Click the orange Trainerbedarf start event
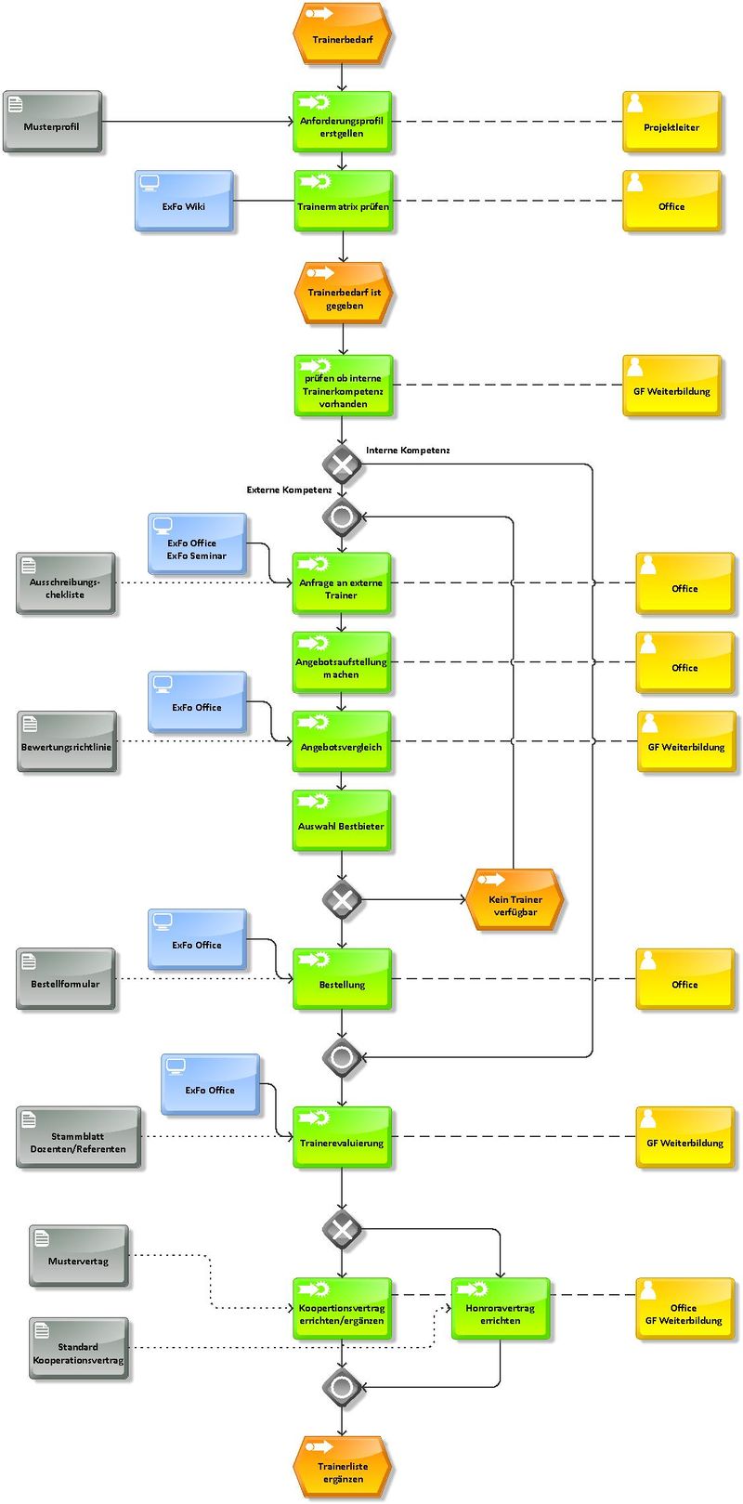pyautogui.click(x=343, y=33)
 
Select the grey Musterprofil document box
pyautogui.click(x=52, y=122)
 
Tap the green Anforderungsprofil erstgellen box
pyautogui.click(x=343, y=122)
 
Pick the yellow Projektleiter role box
pyautogui.click(x=671, y=122)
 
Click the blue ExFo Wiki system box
pyautogui.click(x=184, y=201)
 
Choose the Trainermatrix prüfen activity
pyautogui.click(x=343, y=201)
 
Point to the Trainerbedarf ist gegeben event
pyautogui.click(x=343, y=294)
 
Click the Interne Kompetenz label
pyautogui.click(x=408, y=450)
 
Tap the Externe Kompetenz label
pyautogui.click(x=289, y=490)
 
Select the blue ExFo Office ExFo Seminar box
pyautogui.click(x=197, y=543)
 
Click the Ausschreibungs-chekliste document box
pyautogui.click(x=65, y=583)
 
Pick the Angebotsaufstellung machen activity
pyautogui.click(x=341, y=662)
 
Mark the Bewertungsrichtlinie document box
pyautogui.click(x=67, y=741)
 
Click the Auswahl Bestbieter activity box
pyautogui.click(x=341, y=820)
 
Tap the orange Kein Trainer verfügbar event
pyautogui.click(x=515, y=900)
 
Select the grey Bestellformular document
pyautogui.click(x=65, y=979)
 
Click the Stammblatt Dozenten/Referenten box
pyautogui.click(x=79, y=1137)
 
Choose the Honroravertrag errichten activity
pyautogui.click(x=500, y=1309)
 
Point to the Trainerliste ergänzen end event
pyautogui.click(x=343, y=1468)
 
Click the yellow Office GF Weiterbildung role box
pyautogui.click(x=684, y=1309)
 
